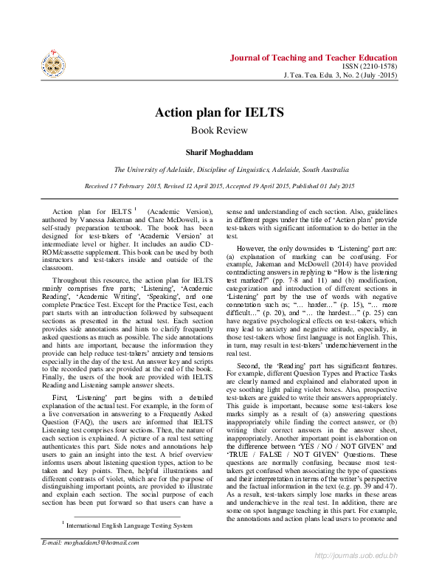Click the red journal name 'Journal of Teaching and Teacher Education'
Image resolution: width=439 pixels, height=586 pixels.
pos(314,58)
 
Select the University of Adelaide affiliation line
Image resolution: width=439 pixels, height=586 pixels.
pos(219,169)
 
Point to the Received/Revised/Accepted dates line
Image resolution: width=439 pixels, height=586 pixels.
pos(219,186)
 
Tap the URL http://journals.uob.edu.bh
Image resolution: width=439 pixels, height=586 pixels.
pos(356,575)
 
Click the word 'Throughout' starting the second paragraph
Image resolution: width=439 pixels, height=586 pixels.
pos(72,280)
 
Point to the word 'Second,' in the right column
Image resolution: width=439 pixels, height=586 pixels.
pos(250,365)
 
